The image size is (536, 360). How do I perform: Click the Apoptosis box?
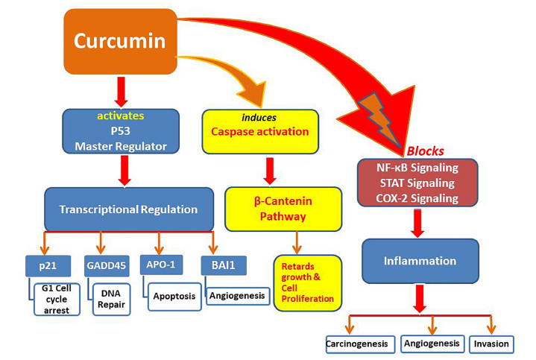[174, 295]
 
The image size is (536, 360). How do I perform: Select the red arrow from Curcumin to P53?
[122, 92]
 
